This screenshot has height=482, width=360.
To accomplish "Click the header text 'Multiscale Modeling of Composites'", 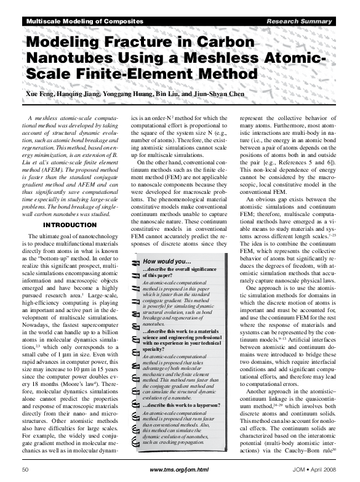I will pyautogui.click(x=84, y=22).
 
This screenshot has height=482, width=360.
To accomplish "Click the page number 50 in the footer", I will pyautogui.click(x=25, y=469).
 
